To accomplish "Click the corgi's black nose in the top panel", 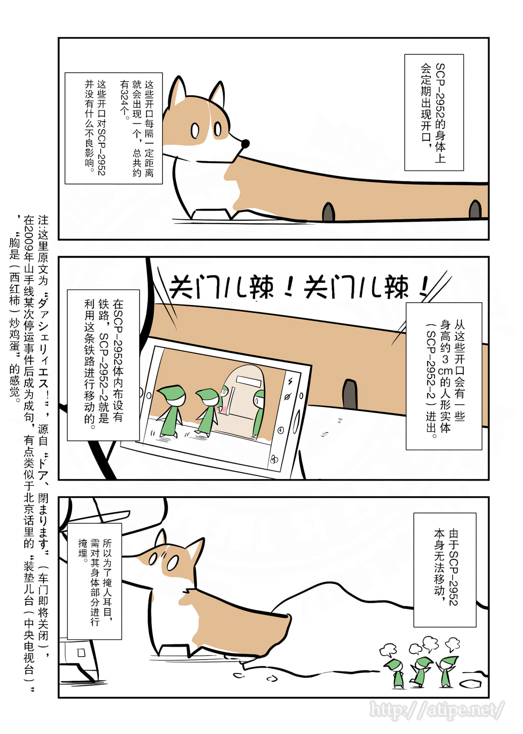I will click(245, 144).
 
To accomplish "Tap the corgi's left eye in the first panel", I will click(195, 130).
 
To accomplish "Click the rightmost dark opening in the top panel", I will click(475, 209).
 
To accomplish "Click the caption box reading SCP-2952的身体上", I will click(434, 112).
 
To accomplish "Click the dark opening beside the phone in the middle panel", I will click(350, 394).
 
